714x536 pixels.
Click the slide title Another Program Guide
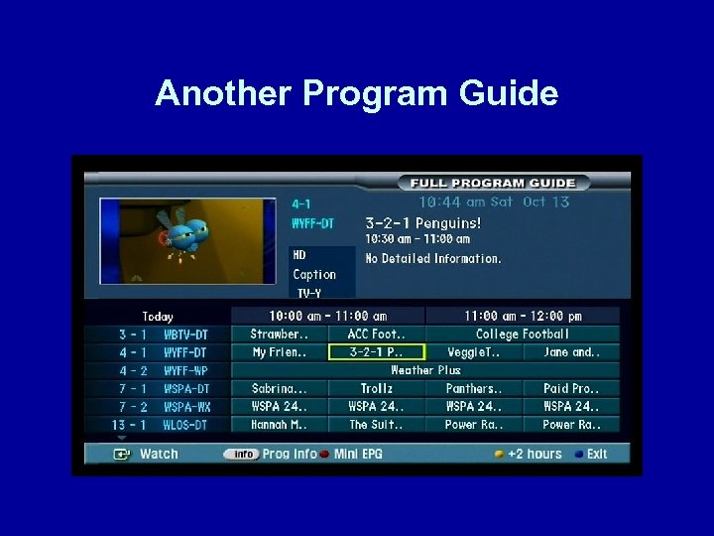[x=357, y=94]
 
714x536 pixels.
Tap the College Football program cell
[x=522, y=335]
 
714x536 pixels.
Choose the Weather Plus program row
[x=424, y=370]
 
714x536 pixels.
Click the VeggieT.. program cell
[x=473, y=352]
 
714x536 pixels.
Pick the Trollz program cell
[x=376, y=389]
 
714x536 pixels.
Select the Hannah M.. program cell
[x=279, y=425]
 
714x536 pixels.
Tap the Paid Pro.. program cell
[x=570, y=389]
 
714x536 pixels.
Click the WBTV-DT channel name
[x=186, y=335]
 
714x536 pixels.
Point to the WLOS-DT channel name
[x=186, y=425]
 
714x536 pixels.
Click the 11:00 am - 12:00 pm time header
[x=523, y=317]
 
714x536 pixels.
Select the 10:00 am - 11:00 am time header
[x=327, y=317]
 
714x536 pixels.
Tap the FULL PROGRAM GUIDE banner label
[x=493, y=183]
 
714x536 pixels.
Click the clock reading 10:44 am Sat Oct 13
[x=494, y=201]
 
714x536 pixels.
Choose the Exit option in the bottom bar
[x=596, y=454]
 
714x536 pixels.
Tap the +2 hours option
[x=534, y=454]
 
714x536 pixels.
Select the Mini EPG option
[x=358, y=454]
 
